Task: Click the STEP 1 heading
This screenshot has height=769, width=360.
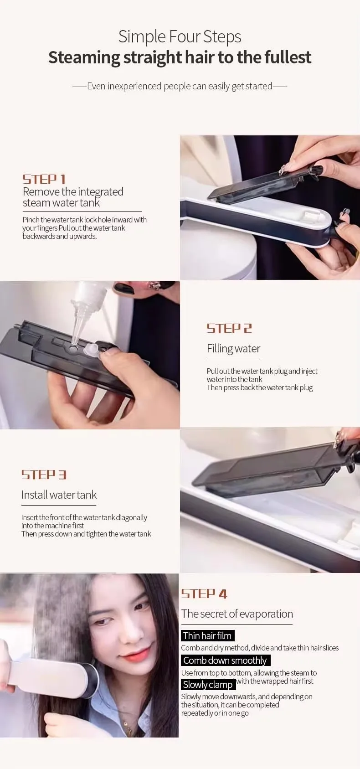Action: point(44,179)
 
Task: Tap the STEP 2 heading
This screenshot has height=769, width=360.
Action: point(229,329)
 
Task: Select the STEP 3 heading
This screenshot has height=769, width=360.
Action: point(44,475)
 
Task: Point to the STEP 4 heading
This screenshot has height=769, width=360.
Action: point(204,594)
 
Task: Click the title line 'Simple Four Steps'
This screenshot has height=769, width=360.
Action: point(180,37)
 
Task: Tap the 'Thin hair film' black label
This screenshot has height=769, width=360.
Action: point(208,635)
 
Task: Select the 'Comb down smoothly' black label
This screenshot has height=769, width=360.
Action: point(226,660)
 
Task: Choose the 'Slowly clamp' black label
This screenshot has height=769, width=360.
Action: point(208,685)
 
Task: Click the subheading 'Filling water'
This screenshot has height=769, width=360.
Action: point(233,349)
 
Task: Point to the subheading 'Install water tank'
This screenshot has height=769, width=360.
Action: point(59,495)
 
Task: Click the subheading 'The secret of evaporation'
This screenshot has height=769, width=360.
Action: point(237,614)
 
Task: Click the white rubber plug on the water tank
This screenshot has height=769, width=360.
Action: point(91,350)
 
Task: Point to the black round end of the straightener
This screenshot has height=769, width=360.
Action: point(91,676)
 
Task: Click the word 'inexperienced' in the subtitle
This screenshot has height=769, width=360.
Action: point(134,86)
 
